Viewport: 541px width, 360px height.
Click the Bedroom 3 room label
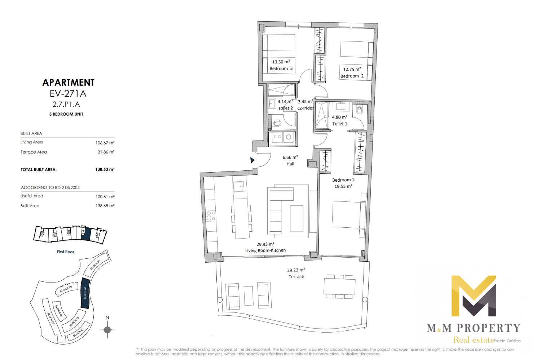(281, 68)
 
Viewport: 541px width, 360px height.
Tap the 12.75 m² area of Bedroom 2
(352, 70)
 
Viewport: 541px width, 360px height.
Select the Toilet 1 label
(340, 124)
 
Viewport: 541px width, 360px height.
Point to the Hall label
(290, 164)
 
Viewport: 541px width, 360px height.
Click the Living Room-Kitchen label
(265, 250)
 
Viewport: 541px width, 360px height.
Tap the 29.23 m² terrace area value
(296, 270)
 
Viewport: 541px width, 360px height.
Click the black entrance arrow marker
(252, 160)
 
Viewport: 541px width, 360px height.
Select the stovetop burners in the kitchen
(210, 216)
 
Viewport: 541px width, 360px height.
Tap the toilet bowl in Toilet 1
(359, 111)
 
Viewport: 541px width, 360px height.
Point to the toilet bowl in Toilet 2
(276, 124)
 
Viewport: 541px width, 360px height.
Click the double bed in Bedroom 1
(349, 215)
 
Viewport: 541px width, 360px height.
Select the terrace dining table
(339, 286)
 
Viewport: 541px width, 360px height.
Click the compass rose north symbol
(107, 329)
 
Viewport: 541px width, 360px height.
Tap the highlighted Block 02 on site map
(85, 293)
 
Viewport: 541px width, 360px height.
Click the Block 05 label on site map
(66, 289)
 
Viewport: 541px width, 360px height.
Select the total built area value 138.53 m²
(105, 169)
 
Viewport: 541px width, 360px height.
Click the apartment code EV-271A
(68, 94)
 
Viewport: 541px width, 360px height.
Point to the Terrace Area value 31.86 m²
(106, 152)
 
